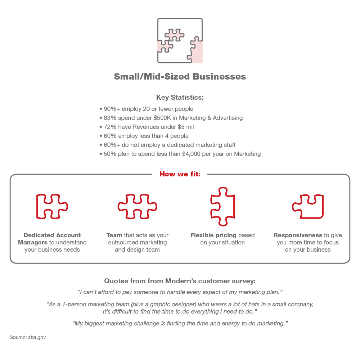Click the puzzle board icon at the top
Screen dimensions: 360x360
point(180,41)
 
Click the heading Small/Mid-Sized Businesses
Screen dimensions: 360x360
point(180,76)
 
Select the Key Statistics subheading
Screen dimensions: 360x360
point(180,97)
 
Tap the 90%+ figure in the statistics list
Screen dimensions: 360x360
point(112,109)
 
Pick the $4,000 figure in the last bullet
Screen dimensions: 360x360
point(191,154)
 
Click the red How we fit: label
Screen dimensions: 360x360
point(180,174)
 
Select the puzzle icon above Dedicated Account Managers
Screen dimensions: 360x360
point(52,207)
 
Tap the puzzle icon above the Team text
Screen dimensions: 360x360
point(137,207)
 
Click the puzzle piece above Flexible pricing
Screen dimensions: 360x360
point(222,207)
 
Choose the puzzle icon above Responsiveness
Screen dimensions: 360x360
point(308,207)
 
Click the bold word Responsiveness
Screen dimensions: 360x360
point(298,235)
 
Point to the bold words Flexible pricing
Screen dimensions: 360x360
point(213,235)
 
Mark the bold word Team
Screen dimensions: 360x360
point(114,235)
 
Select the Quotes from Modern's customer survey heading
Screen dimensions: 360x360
point(180,281)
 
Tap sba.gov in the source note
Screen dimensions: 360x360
point(37,338)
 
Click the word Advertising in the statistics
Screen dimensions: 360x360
point(228,118)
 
